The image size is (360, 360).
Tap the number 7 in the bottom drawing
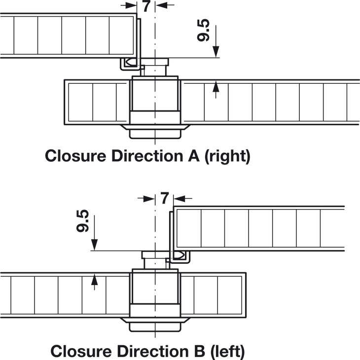164,199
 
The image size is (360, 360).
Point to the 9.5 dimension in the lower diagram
83,220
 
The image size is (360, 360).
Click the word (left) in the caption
224,351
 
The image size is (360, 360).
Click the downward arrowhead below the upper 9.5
216,52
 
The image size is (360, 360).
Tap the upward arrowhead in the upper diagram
216,88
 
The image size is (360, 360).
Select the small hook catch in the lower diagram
179,255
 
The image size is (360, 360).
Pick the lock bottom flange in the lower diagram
155,325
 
